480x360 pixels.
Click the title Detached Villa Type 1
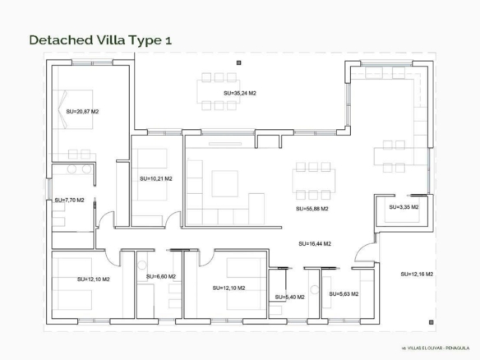100,40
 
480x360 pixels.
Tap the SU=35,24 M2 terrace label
240,93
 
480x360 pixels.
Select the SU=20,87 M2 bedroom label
82,112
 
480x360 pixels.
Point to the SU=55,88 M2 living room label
312,209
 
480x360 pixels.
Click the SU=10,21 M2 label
156,178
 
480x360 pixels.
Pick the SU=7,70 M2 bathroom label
69,201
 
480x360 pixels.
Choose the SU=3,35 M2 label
404,207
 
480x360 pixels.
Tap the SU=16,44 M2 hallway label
315,243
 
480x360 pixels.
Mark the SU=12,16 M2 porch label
417,274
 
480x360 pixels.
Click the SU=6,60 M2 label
161,276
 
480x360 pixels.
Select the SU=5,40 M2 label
289,297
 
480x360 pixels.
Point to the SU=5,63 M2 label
344,294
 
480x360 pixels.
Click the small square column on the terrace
239,62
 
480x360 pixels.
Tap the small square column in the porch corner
431,322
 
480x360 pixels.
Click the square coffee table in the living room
224,183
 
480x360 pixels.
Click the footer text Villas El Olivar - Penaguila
435,348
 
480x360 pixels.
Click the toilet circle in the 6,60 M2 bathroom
141,265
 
